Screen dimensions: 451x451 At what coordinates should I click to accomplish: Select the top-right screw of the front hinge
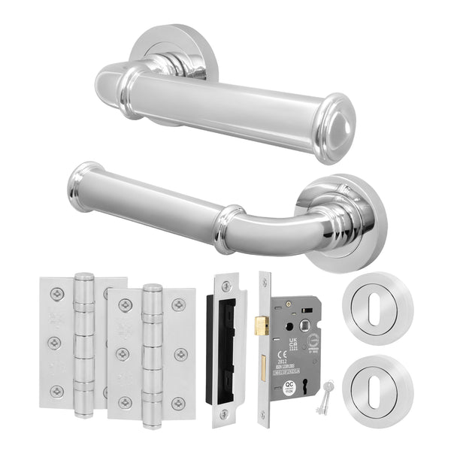point(179,304)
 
